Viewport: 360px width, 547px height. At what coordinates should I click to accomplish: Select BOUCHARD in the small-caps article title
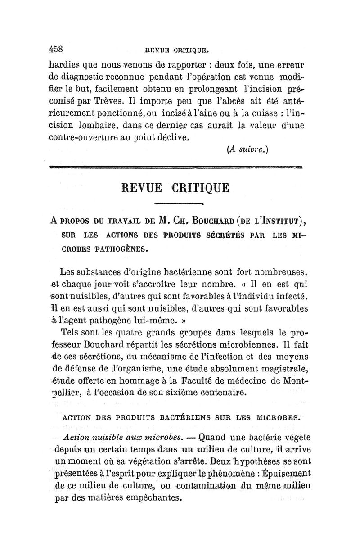[224, 221]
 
